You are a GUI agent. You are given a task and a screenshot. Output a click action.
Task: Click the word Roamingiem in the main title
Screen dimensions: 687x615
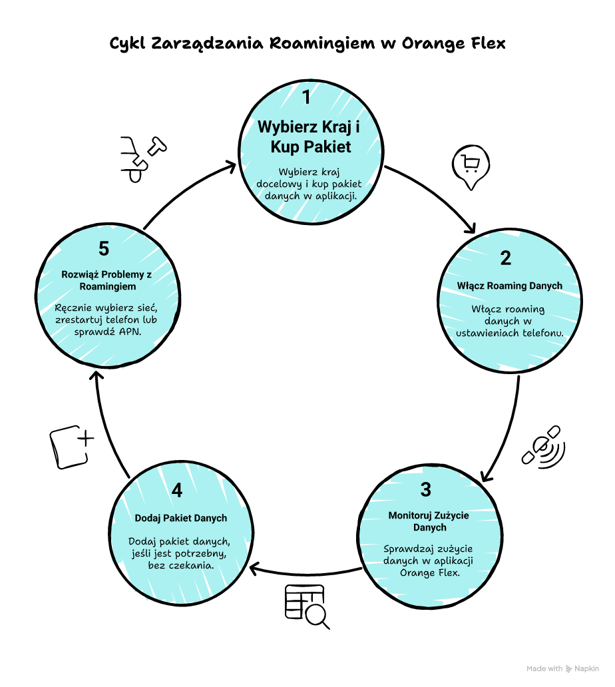(x=316, y=44)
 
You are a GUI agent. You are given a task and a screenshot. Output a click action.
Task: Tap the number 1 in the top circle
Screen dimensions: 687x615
(x=306, y=98)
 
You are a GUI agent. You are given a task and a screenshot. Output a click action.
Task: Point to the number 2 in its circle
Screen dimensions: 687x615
(x=506, y=258)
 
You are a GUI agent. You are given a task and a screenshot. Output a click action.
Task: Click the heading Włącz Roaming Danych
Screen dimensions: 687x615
(x=510, y=286)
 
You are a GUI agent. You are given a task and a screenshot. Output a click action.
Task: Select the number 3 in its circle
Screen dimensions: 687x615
(x=426, y=489)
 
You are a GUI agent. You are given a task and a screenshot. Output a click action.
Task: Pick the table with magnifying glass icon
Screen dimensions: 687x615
(x=306, y=604)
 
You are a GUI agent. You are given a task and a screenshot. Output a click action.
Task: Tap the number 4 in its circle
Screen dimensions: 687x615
(x=176, y=490)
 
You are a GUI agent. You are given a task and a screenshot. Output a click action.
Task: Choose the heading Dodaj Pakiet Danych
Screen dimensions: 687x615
(x=181, y=518)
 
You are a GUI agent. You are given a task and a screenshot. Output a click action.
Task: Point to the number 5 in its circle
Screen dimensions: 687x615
(x=104, y=248)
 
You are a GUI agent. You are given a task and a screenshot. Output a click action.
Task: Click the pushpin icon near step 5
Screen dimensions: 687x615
(x=142, y=158)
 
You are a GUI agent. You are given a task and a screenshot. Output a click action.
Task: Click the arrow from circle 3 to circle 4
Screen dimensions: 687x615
(x=306, y=571)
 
